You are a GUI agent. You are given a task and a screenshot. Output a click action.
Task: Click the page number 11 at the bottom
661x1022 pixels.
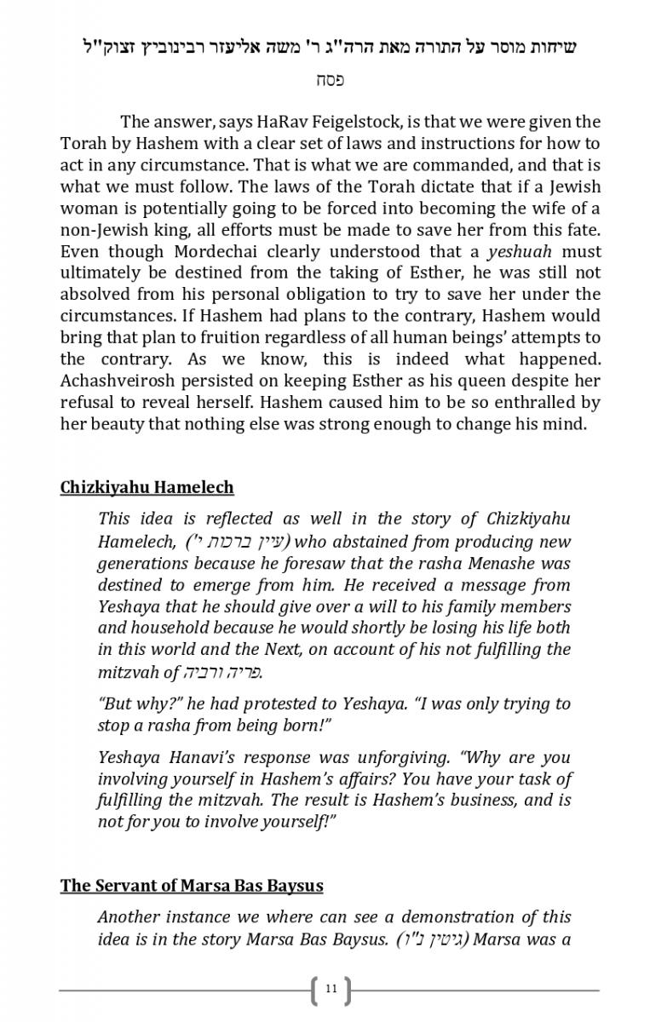[x=331, y=989]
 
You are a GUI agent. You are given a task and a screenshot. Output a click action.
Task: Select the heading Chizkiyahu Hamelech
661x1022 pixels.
[x=147, y=487]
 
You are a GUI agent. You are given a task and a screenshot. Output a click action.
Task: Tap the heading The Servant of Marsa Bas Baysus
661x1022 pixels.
[x=192, y=885]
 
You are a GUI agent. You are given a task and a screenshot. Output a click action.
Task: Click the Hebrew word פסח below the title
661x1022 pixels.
[x=330, y=80]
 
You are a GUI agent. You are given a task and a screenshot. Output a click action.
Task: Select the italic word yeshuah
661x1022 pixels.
[x=519, y=251]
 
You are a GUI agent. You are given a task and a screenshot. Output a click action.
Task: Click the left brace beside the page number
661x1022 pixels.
[x=317, y=990]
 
